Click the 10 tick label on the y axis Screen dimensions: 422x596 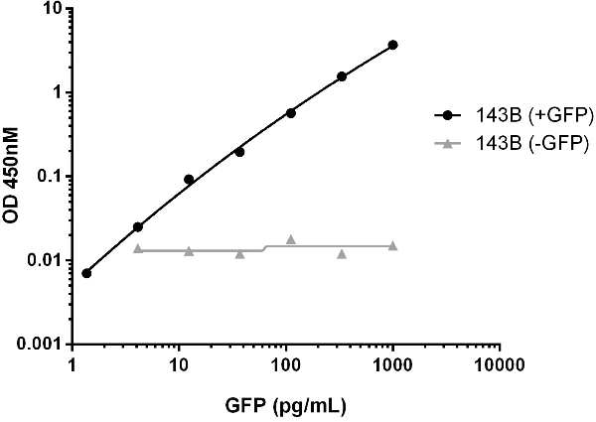pos(54,9)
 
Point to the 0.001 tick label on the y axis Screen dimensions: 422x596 pos(42,345)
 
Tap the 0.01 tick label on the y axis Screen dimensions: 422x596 pos(46,260)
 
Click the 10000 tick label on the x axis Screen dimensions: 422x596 pos(500,364)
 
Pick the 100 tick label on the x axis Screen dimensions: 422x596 pos(286,364)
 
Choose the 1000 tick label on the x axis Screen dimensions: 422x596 pos(393,364)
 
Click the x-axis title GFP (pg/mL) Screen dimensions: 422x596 pos(285,405)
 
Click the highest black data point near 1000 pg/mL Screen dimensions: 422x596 pos(393,45)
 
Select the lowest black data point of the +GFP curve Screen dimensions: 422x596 pos(86,273)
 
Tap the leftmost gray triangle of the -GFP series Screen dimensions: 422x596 pos(138,248)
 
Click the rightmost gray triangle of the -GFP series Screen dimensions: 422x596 pos(393,245)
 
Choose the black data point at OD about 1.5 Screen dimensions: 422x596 pos(342,76)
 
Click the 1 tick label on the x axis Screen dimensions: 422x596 pos(73,364)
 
